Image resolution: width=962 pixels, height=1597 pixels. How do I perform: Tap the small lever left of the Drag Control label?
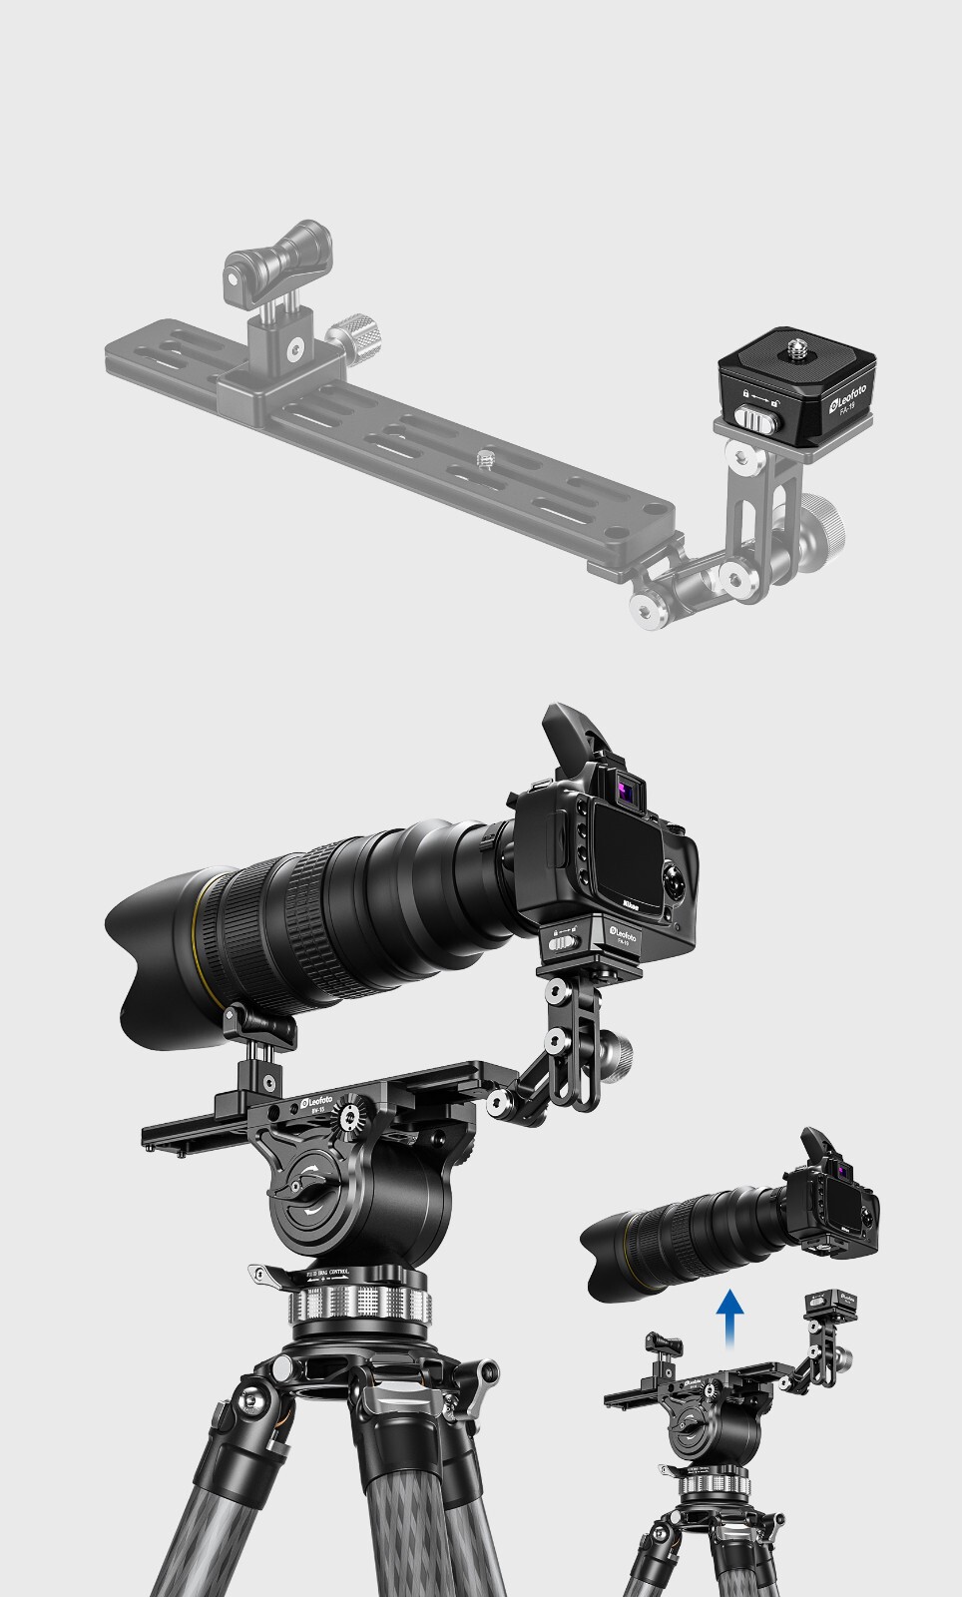coord(267,1275)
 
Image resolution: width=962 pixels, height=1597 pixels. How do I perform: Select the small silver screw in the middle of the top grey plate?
coord(485,457)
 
